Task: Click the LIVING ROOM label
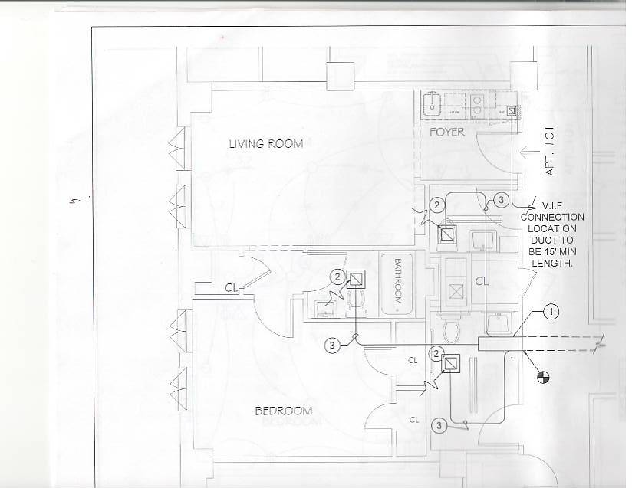(x=265, y=143)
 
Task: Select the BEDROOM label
(x=283, y=411)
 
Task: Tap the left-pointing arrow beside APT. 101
(x=531, y=151)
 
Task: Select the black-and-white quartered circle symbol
(x=543, y=376)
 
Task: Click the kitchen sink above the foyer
(x=434, y=103)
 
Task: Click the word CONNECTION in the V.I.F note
(x=552, y=218)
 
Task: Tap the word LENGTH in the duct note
(x=552, y=263)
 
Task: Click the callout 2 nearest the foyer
(x=436, y=205)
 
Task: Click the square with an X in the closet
(x=457, y=291)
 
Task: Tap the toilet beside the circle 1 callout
(x=452, y=331)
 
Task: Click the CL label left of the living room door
(x=231, y=288)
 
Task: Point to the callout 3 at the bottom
(x=439, y=424)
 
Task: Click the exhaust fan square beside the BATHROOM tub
(x=357, y=279)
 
